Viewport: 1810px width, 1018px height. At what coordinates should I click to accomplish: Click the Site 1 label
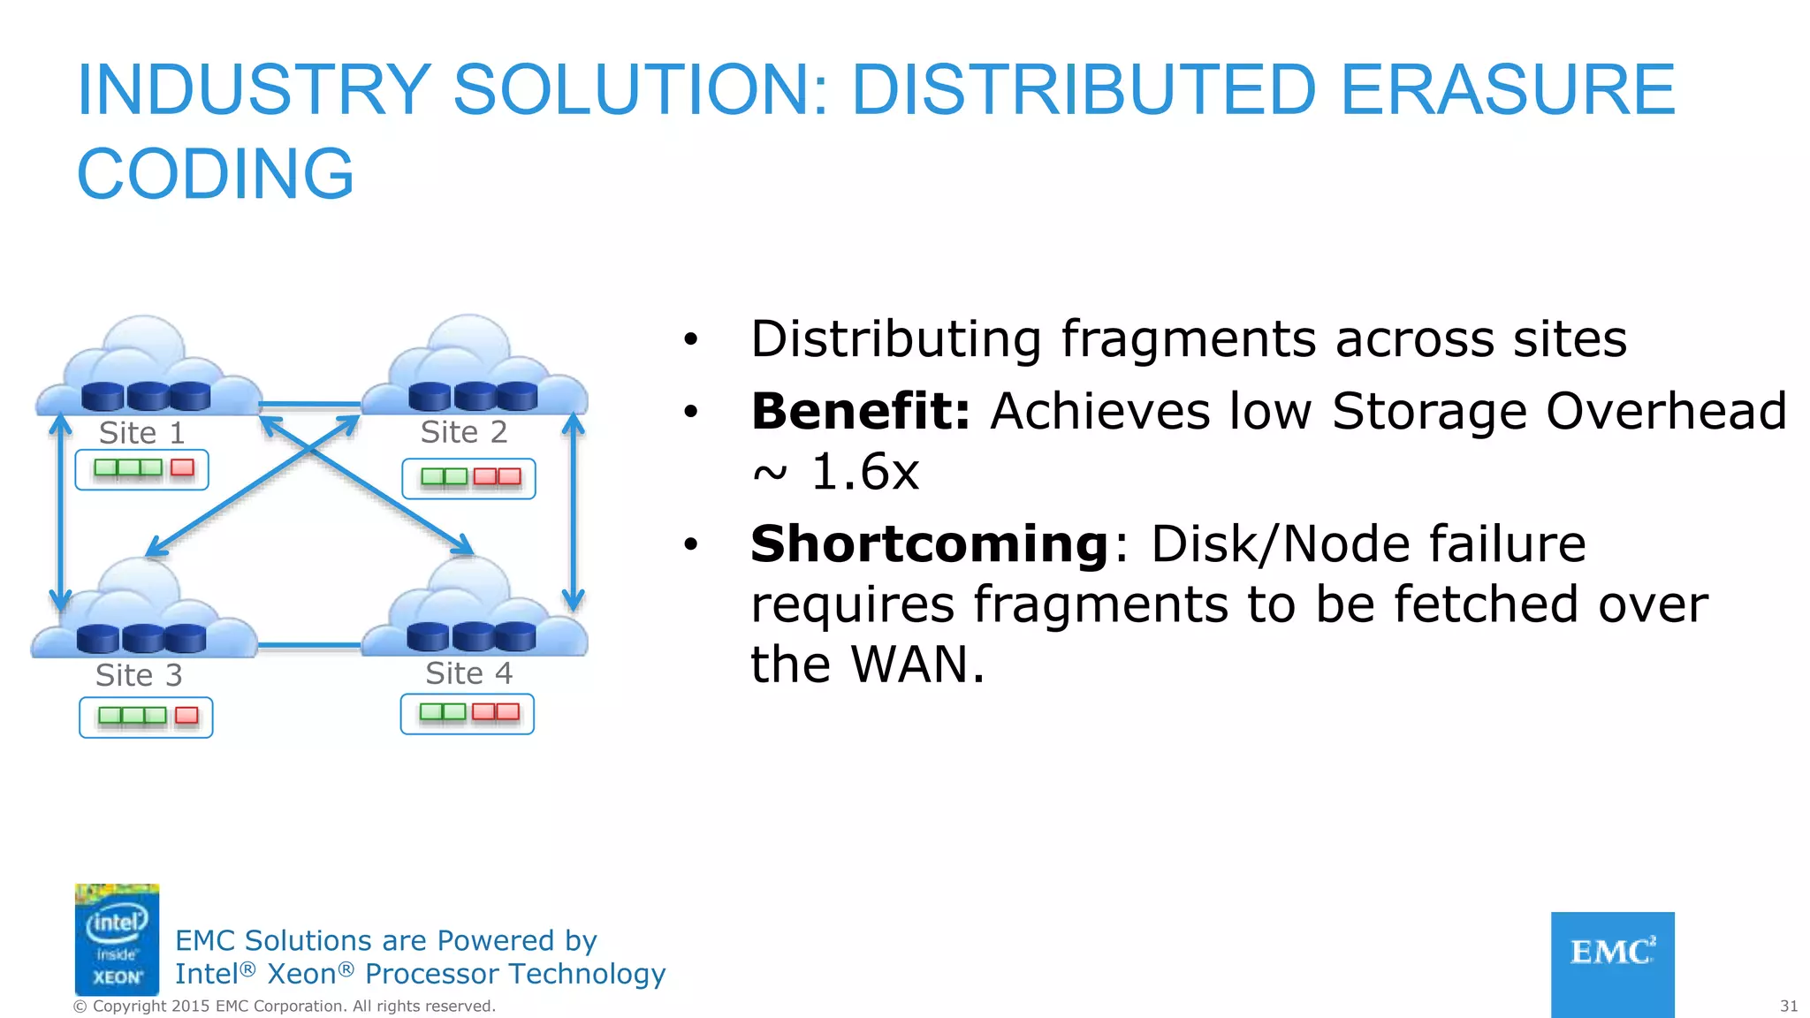[x=141, y=433]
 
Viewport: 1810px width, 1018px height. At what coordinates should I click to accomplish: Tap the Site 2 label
[x=464, y=432]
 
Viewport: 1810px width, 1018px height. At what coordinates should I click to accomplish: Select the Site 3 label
[x=139, y=675]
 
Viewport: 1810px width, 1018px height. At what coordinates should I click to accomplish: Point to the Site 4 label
[x=468, y=673]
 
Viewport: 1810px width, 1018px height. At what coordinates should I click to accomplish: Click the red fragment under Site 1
[x=182, y=467]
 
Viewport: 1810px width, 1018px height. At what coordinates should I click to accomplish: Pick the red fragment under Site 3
[x=186, y=715]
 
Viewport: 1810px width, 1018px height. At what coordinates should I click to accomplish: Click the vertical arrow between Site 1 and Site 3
[x=60, y=513]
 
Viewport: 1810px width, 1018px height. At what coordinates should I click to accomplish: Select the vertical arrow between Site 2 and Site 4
[x=574, y=513]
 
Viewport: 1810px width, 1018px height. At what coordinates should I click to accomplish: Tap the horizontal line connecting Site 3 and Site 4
[x=309, y=646]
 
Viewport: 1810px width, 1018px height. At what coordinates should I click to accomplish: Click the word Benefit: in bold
[x=860, y=412]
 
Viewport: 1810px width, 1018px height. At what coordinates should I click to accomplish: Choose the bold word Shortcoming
[x=929, y=543]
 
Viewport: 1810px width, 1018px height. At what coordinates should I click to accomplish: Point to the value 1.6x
[x=864, y=472]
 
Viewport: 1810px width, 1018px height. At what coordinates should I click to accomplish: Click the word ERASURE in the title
[x=1507, y=90]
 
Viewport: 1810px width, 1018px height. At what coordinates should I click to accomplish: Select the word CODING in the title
[x=216, y=174]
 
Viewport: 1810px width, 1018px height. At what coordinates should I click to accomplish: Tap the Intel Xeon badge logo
[x=117, y=939]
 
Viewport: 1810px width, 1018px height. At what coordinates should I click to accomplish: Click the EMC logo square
[x=1612, y=963]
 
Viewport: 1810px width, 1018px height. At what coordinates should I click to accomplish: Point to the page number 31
[x=1788, y=1006]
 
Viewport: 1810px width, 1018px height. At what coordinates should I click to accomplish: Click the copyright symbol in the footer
[x=80, y=1007]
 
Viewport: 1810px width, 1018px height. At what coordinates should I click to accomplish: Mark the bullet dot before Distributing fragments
[x=690, y=339]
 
